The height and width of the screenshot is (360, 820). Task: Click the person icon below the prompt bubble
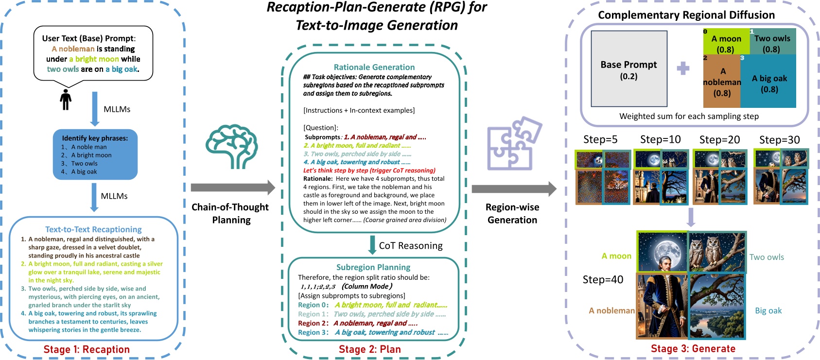(66, 99)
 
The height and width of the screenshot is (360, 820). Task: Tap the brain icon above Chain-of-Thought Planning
(231, 147)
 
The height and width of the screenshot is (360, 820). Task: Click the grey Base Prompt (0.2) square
(628, 69)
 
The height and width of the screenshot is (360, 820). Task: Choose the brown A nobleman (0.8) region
(722, 81)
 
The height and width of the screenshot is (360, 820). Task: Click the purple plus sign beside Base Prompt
(683, 69)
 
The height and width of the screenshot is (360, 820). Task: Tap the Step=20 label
(719, 140)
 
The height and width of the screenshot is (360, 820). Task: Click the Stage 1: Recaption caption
(87, 349)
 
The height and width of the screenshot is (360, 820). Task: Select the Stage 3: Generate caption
(693, 348)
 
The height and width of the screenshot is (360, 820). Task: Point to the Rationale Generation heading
(374, 67)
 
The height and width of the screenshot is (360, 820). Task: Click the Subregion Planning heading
(373, 267)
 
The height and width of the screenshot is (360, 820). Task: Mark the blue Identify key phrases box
(95, 154)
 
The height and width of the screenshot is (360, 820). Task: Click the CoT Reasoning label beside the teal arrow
(410, 246)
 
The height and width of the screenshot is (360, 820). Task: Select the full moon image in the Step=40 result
(663, 252)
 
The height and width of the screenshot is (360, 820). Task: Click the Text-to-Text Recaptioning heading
(93, 229)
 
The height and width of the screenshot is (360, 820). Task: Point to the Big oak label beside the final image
(768, 310)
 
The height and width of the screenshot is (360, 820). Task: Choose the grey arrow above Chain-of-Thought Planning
(232, 188)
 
